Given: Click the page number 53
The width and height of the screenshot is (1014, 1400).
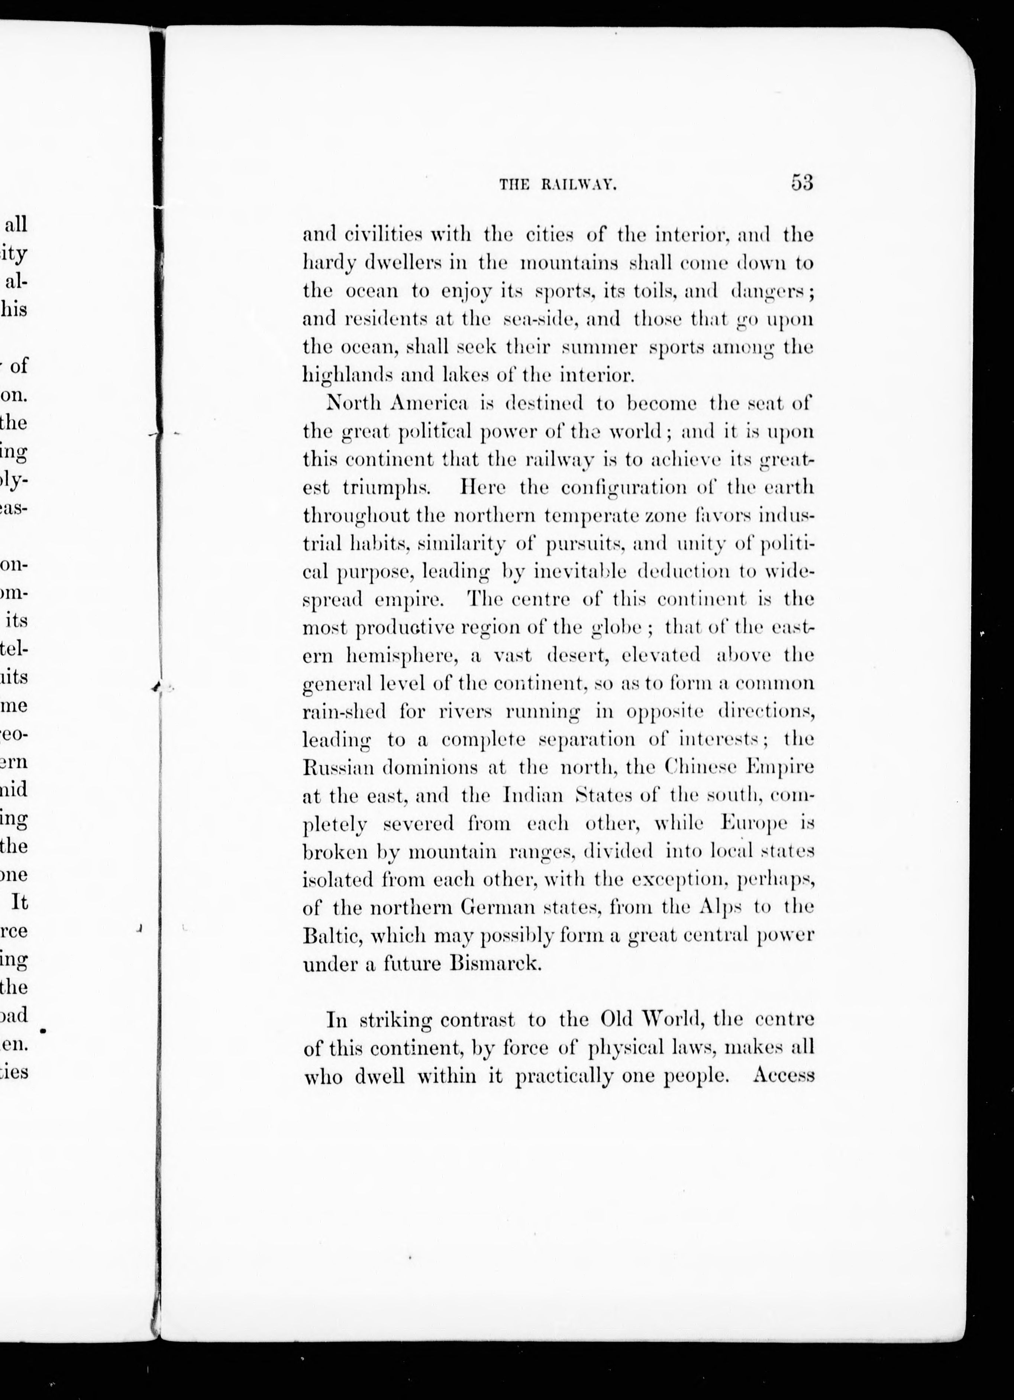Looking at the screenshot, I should (x=801, y=183).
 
